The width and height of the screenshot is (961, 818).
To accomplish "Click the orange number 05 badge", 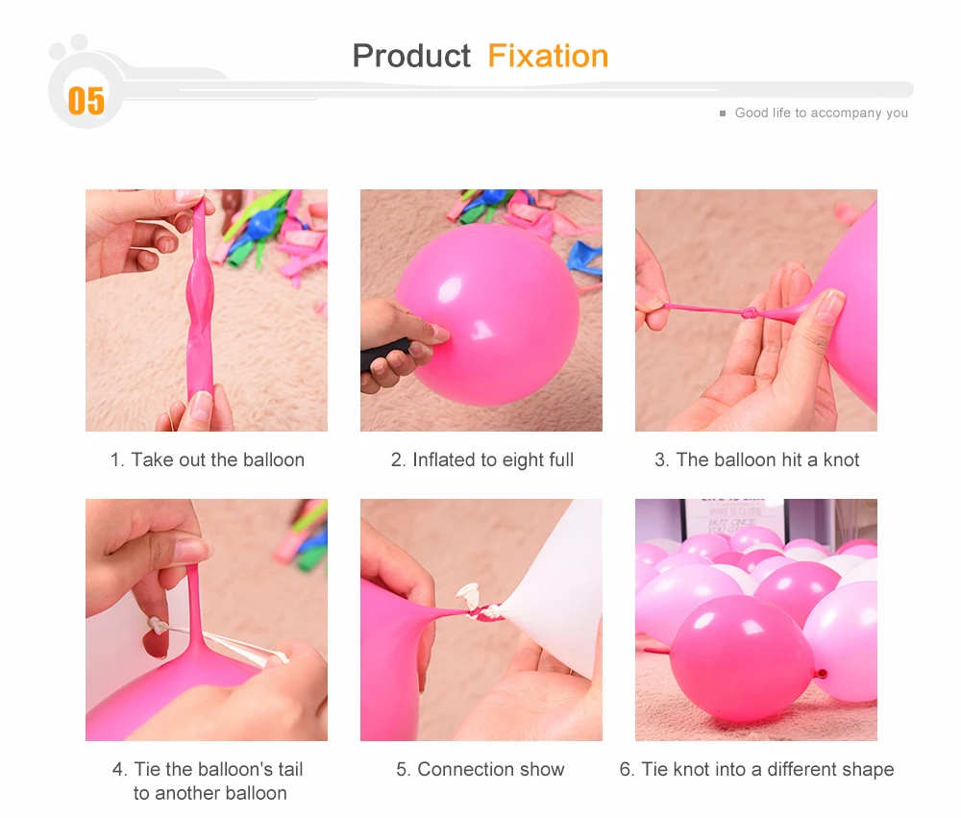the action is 86,101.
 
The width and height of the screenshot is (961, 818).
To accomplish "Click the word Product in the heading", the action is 411,57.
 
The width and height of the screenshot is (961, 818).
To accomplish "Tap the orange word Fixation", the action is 548,57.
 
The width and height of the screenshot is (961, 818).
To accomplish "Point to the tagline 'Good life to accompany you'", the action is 822,112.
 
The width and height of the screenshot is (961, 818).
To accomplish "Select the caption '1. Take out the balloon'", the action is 208,459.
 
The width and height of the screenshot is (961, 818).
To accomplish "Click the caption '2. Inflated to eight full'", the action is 482,459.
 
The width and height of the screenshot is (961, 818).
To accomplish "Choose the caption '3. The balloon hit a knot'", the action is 757,459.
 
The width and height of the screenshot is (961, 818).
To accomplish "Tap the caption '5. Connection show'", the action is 480,769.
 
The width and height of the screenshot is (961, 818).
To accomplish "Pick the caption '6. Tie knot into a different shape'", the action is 756,770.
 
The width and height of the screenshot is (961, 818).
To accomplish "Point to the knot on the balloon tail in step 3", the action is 750,314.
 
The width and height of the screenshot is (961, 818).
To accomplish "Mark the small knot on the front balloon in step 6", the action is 823,674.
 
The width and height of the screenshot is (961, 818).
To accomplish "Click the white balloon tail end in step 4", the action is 156,626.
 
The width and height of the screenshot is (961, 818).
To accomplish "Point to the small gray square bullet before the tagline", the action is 723,113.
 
